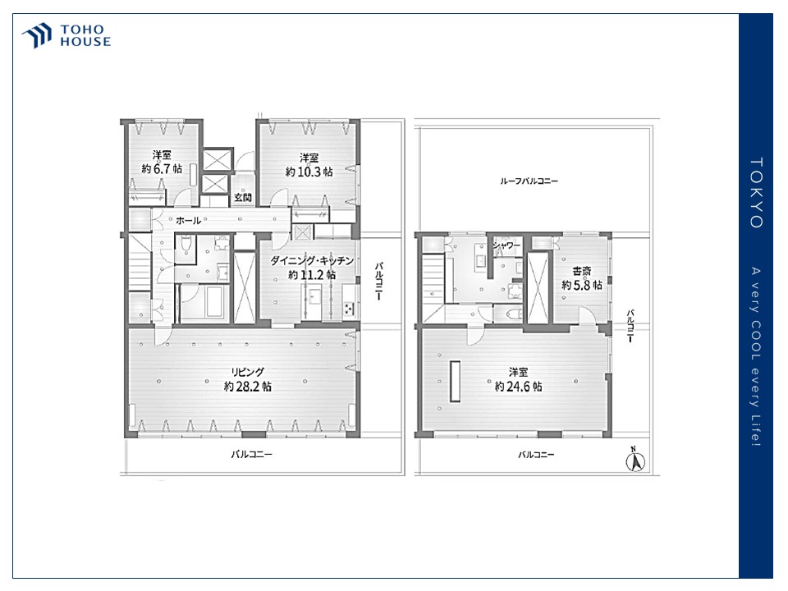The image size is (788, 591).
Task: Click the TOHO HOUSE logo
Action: (66, 35)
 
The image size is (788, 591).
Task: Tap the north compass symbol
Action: (635, 460)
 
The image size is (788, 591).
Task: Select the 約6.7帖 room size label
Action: (162, 169)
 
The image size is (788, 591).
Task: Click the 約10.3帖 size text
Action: (309, 172)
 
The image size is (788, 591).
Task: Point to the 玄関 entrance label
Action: (243, 198)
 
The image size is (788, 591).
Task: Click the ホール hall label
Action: (188, 220)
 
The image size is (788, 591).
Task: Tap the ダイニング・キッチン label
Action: (312, 261)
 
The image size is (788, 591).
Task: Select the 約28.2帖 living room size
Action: (248, 387)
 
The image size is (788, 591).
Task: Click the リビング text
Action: (247, 373)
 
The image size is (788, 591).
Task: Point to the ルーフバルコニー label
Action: (529, 181)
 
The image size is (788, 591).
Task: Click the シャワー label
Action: (506, 245)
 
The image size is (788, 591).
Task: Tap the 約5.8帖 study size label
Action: (582, 285)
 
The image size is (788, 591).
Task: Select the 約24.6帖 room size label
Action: (519, 387)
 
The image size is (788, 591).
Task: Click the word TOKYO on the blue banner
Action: (756, 193)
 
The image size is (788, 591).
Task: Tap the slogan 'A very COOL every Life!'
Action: (756, 357)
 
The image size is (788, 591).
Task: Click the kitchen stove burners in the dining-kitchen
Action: (348, 308)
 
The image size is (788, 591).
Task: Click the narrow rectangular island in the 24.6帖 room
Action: (456, 382)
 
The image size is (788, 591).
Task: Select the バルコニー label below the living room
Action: (252, 454)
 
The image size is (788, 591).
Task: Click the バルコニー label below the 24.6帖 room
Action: (536, 454)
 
